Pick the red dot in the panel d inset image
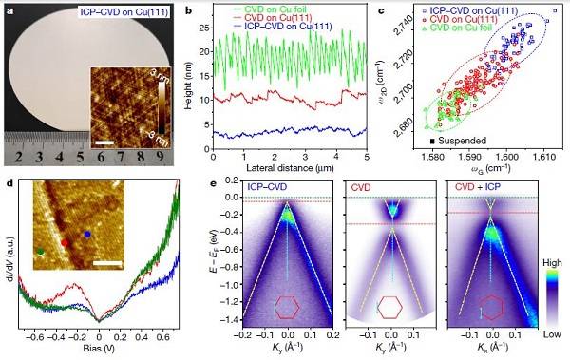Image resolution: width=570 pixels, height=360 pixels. [x=66, y=242]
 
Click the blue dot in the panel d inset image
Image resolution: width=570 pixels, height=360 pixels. [x=87, y=233]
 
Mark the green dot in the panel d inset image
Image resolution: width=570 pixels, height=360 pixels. [x=41, y=252]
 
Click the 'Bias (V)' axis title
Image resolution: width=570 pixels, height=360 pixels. [x=100, y=351]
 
